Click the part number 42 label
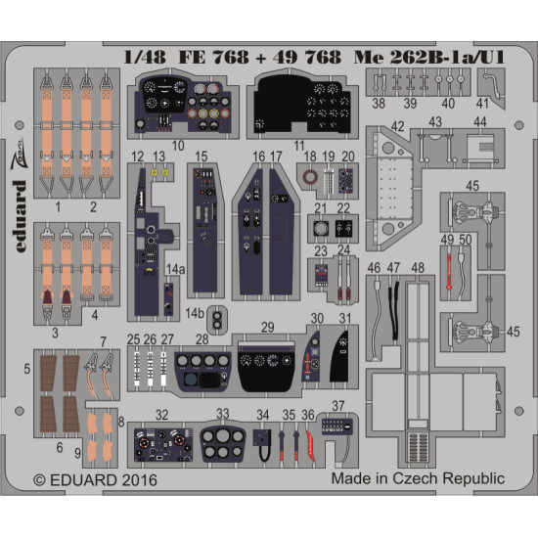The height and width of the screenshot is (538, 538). coord(398,125)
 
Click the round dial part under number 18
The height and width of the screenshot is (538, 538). coord(311,178)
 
